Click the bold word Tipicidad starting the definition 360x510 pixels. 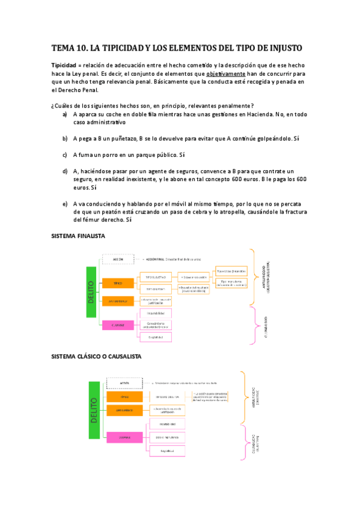[x=64, y=65]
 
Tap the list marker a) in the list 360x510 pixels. [x=65, y=114]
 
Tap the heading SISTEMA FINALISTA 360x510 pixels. [x=78, y=236]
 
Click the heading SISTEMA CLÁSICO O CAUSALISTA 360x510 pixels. [x=97, y=357]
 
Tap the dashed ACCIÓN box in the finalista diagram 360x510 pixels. [x=118, y=259]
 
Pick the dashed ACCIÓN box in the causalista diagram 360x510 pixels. [x=124, y=382]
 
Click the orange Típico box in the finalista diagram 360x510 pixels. [x=118, y=283]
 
